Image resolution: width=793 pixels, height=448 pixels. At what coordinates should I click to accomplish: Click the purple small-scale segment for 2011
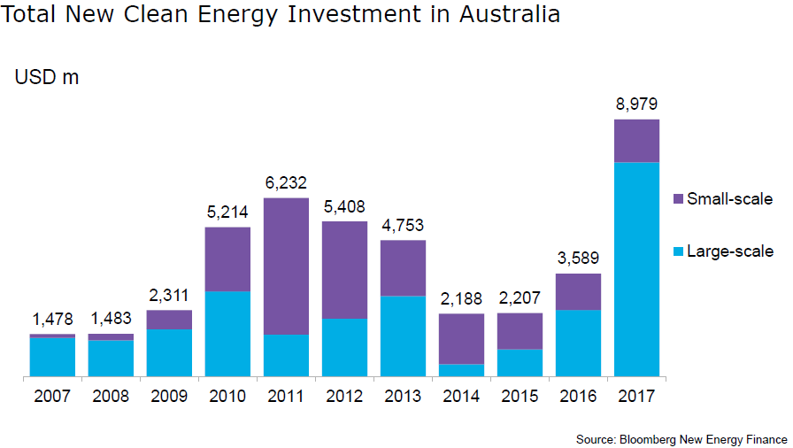286,266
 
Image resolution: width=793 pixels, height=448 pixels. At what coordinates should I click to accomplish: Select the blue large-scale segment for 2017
636,269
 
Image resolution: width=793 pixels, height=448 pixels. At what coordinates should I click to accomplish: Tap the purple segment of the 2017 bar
636,141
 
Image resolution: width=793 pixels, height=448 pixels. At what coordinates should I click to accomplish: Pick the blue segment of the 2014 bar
461,370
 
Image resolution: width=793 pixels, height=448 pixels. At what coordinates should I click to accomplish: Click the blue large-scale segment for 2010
227,334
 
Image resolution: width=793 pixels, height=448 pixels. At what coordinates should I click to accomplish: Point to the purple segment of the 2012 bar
344,269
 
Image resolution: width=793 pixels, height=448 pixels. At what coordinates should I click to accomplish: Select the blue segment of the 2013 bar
403,336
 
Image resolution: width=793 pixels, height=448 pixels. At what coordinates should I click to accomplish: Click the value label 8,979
636,104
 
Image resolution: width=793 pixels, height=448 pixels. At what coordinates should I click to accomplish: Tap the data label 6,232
286,183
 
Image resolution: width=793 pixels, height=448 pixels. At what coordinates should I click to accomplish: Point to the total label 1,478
52,319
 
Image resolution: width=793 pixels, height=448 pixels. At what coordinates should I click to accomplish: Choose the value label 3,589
578,259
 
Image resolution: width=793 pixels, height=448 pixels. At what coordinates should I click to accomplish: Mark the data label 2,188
461,298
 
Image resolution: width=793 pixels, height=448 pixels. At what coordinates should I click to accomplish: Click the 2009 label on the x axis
169,396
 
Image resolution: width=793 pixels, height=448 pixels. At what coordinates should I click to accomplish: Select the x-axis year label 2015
520,396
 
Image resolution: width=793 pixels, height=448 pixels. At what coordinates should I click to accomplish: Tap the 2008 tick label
111,396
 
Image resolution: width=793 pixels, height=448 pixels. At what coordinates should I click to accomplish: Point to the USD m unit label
46,77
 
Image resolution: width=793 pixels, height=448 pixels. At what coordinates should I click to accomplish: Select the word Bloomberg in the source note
651,439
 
